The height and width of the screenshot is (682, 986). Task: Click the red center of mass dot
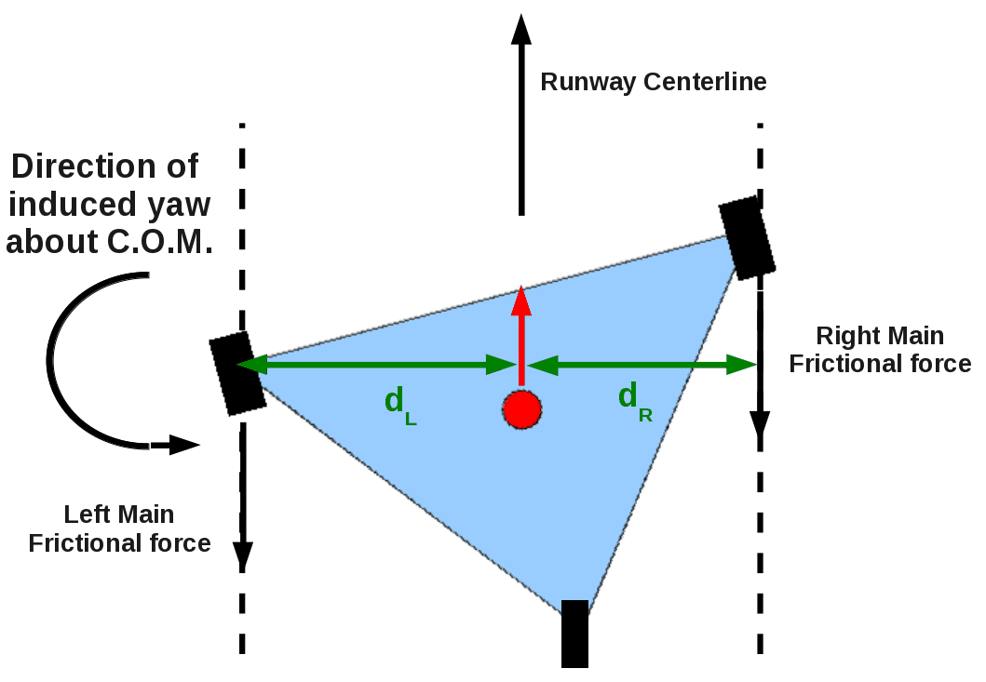tap(522, 409)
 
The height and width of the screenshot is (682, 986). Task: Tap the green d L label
tap(400, 406)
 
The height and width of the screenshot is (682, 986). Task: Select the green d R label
tap(635, 402)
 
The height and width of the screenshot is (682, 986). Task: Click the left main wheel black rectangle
tap(237, 373)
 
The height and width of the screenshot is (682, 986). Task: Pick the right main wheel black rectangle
tap(747, 237)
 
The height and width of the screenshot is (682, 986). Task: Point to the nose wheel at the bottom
tap(574, 634)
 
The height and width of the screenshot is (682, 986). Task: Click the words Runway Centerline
tap(654, 82)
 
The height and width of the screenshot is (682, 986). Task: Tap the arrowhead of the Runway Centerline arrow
tap(521, 29)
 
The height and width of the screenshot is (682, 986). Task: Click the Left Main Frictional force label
tap(119, 528)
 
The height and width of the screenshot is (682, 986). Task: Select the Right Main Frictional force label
tap(880, 350)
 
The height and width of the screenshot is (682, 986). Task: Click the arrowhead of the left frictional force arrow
tap(243, 555)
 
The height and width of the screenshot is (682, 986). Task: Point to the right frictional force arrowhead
tap(761, 424)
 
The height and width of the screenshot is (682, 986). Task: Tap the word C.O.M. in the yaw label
tap(160, 241)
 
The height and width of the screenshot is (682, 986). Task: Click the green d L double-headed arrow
tap(377, 364)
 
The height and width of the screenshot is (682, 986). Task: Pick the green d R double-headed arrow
tap(642, 364)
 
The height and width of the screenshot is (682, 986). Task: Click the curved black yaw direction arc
tap(53, 361)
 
